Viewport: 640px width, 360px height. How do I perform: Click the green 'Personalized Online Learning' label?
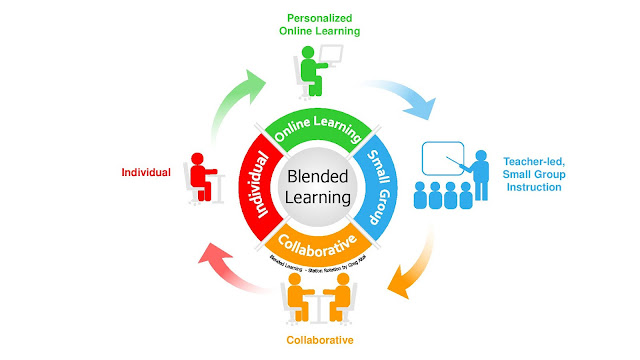321,25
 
